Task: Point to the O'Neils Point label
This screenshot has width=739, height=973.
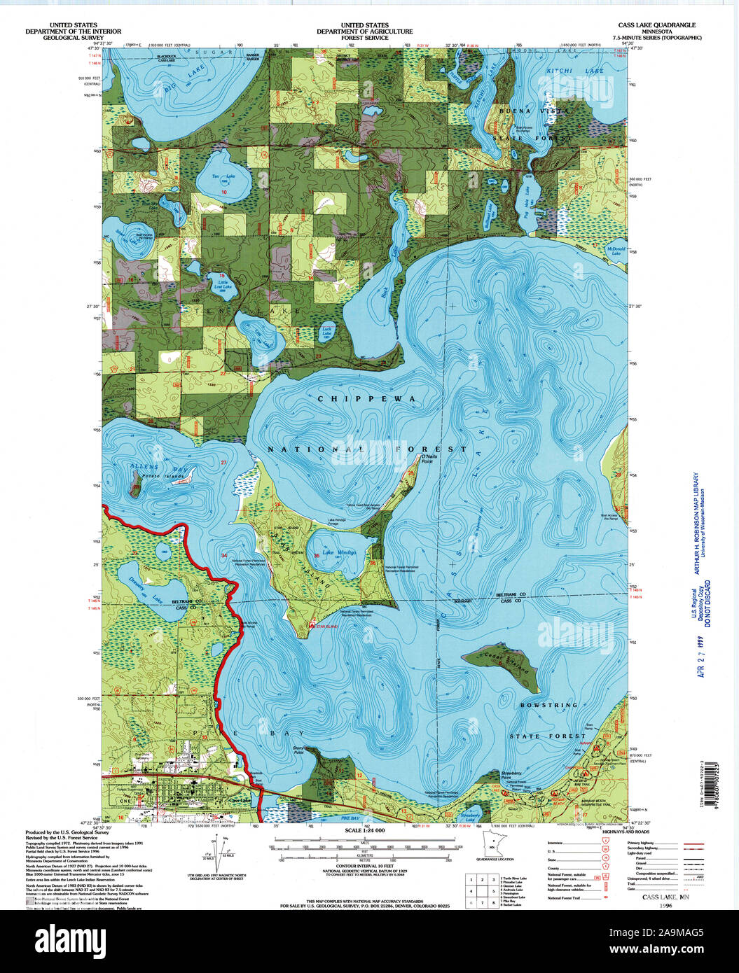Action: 429,459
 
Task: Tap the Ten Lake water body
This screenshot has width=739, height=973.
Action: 223,181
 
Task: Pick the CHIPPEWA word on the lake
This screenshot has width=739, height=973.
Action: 366,398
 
